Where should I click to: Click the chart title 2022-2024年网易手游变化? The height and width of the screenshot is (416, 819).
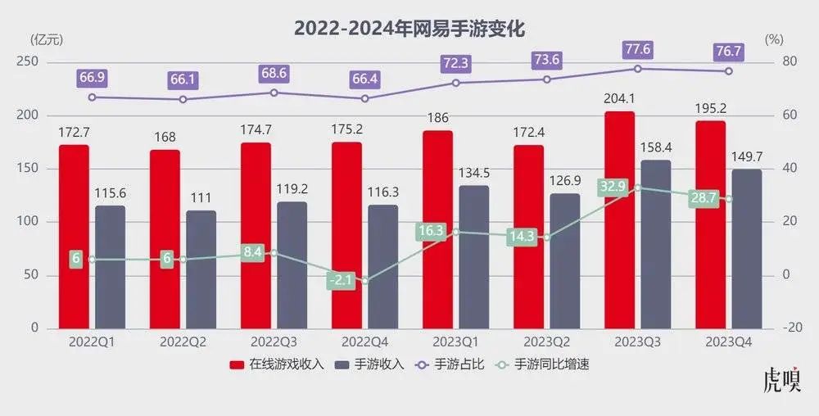409,28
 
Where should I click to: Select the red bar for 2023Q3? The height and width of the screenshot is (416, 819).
620,221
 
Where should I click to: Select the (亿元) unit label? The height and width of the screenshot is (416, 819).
46,39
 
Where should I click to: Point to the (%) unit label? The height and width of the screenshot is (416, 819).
773,39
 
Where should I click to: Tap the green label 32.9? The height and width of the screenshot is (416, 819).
613,187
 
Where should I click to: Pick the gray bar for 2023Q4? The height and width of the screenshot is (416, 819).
747,249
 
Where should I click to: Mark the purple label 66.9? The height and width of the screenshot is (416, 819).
92,78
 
